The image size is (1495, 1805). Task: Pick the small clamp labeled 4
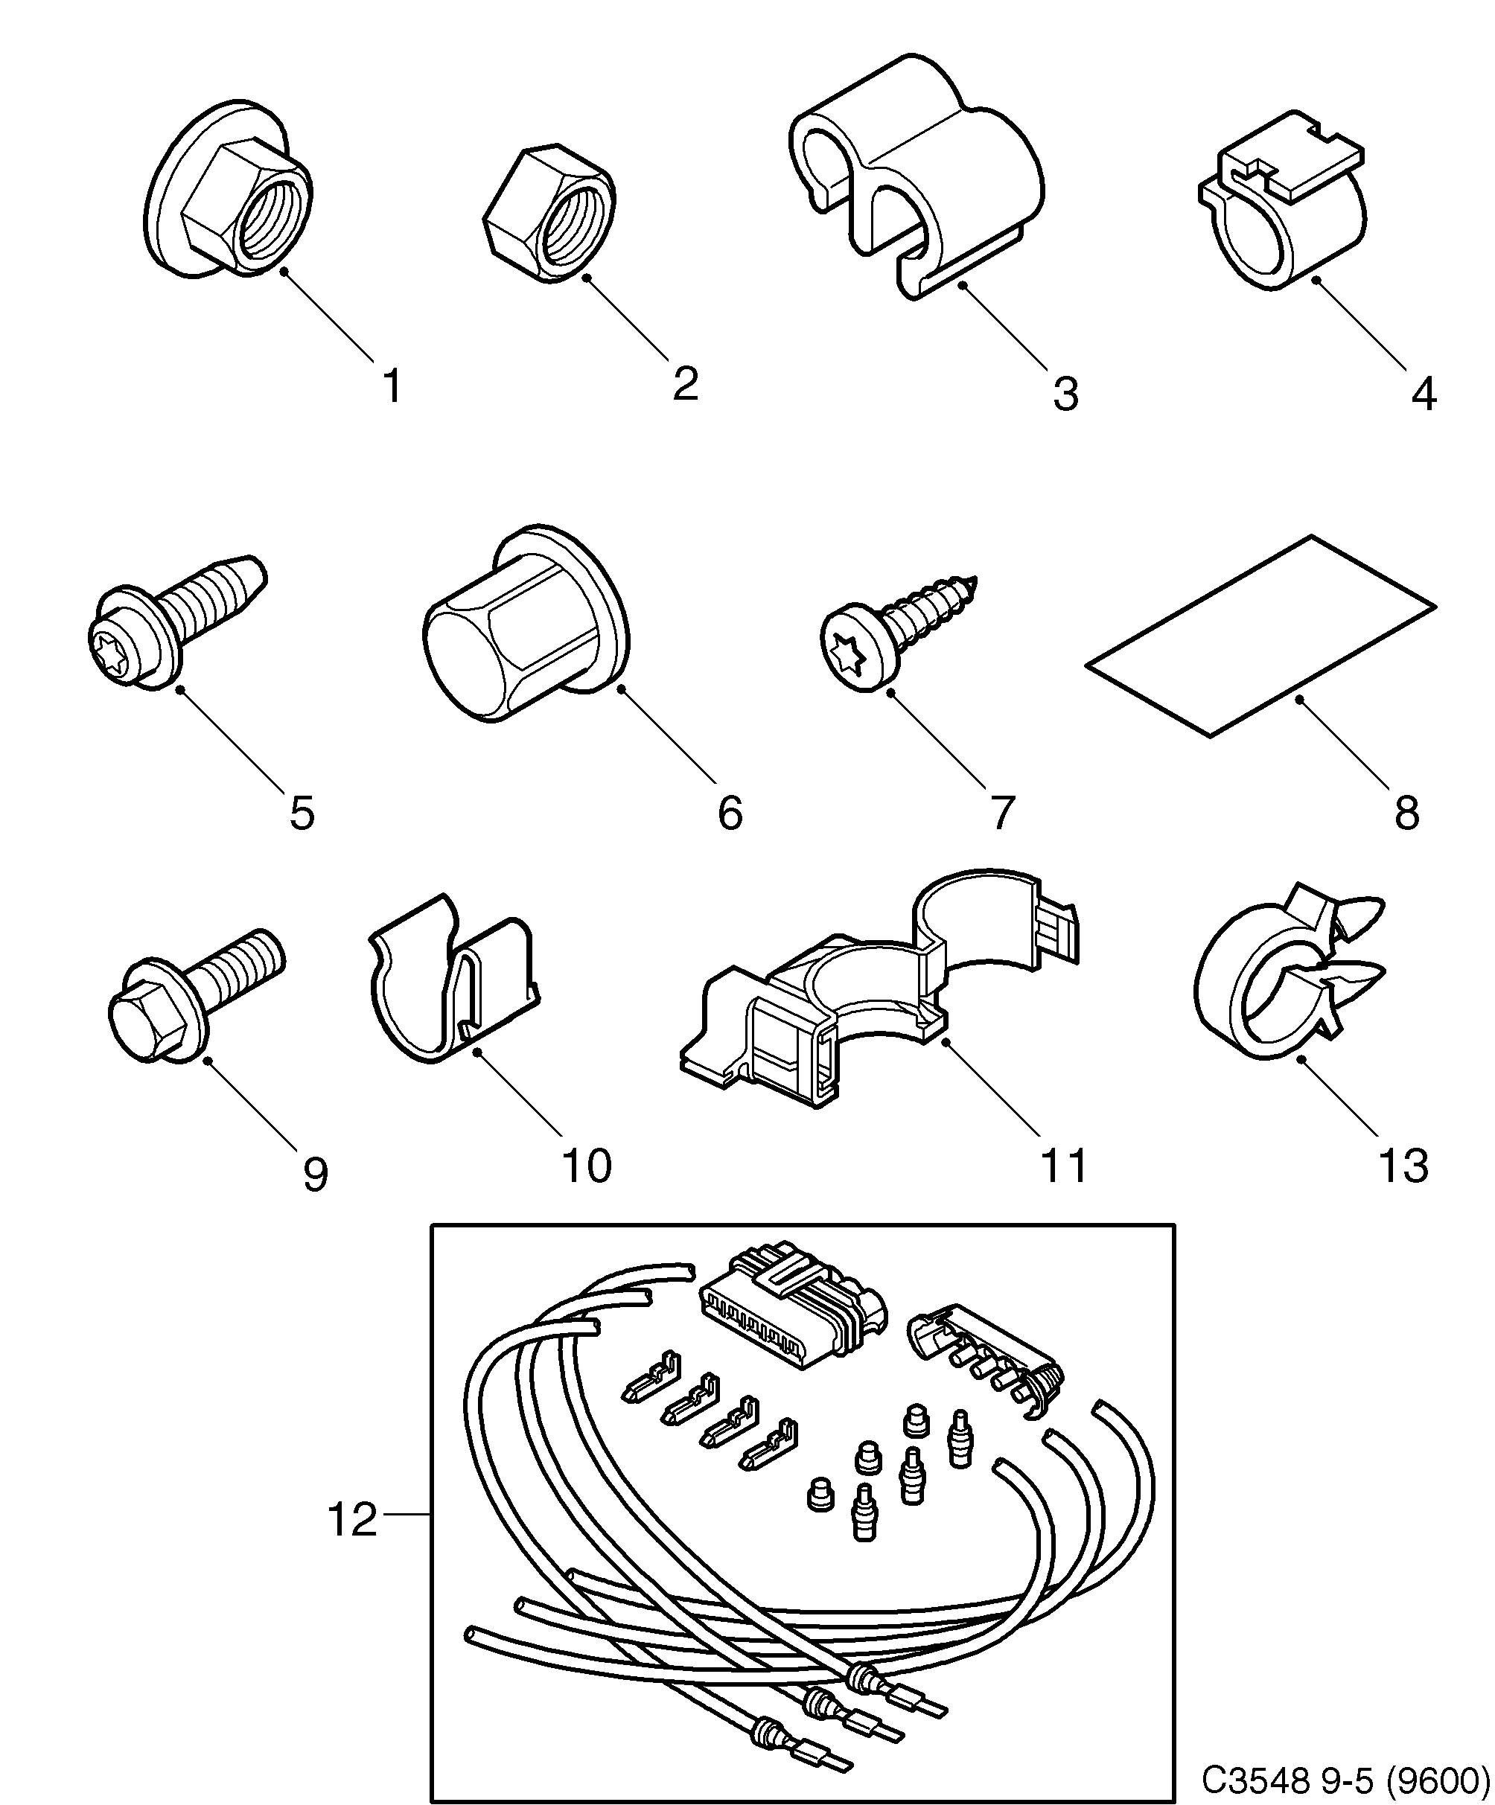coord(1281,206)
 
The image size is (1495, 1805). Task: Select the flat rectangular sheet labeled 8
coord(1260,636)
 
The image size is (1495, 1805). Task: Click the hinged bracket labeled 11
coord(877,1006)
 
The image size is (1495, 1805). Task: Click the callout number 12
coord(352,1521)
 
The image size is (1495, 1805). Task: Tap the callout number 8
coord(1406,812)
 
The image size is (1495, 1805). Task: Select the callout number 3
coord(1065,394)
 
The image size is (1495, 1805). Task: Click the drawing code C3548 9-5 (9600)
coord(1345,1778)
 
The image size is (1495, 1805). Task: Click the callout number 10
coord(586,1166)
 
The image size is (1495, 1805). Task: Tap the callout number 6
coord(730,812)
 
